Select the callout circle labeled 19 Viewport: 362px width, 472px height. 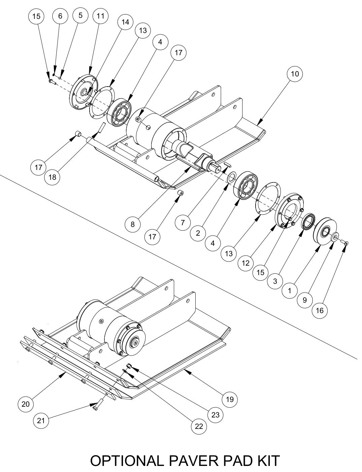230,399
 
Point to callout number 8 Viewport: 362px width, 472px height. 133,224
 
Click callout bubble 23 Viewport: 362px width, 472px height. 215,415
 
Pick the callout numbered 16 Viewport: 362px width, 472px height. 320,310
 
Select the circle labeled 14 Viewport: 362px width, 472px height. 125,22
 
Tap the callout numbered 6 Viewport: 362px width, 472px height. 60,16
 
